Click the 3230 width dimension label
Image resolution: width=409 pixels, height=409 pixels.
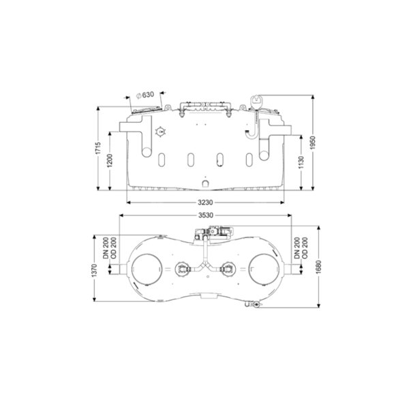coord(205,202)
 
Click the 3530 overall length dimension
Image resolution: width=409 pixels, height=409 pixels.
coord(206,215)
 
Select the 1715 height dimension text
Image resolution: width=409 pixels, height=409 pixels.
coord(98,148)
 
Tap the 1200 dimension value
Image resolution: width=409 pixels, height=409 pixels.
coord(110,161)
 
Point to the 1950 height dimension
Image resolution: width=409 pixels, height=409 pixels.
coord(313,142)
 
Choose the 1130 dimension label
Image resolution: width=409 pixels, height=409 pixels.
coord(301,162)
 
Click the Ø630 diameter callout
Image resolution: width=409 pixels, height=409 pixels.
coord(146,95)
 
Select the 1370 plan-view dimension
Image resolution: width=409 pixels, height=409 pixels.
coord(95,271)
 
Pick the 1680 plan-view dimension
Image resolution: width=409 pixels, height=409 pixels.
coord(318,267)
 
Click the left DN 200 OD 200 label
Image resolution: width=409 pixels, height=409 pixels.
coord(109,248)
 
